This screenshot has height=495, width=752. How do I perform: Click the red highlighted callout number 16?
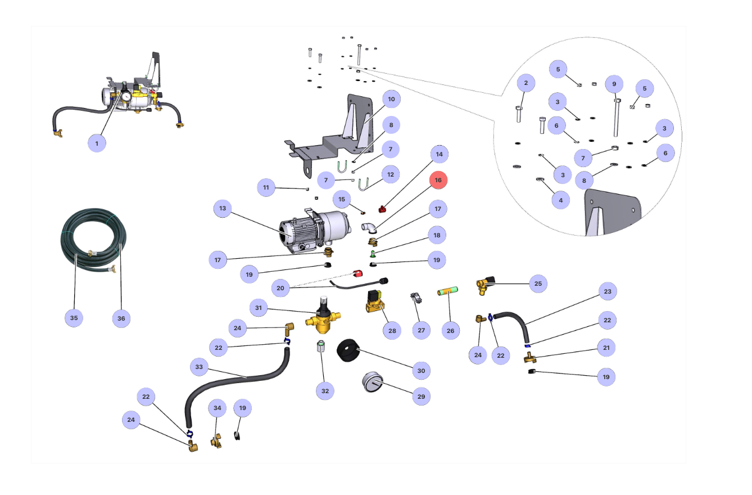pyautogui.click(x=438, y=180)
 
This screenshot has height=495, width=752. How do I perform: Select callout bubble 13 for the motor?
pyautogui.click(x=223, y=209)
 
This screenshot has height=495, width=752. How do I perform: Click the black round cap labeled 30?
pyautogui.click(x=348, y=352)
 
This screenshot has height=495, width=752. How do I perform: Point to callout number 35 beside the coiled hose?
pyautogui.click(x=74, y=318)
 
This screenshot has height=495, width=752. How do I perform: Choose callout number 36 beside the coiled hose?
pyautogui.click(x=121, y=318)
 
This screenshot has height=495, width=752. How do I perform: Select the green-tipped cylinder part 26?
pyautogui.click(x=449, y=292)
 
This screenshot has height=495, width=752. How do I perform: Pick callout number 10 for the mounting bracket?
pyautogui.click(x=391, y=100)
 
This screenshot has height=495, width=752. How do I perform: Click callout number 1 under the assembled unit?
pyautogui.click(x=97, y=143)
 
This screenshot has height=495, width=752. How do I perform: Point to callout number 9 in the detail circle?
pyautogui.click(x=614, y=84)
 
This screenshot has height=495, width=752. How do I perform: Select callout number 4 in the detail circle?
pyautogui.click(x=560, y=200)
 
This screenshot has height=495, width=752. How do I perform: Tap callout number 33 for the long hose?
pyautogui.click(x=199, y=367)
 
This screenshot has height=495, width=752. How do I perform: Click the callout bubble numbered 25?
pyautogui.click(x=538, y=283)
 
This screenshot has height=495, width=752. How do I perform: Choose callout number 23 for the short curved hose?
pyautogui.click(x=608, y=291)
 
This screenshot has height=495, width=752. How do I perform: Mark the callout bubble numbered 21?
pyautogui.click(x=606, y=348)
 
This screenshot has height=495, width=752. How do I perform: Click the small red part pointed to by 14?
pyautogui.click(x=382, y=210)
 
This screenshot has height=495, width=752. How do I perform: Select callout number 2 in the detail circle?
pyautogui.click(x=526, y=84)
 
